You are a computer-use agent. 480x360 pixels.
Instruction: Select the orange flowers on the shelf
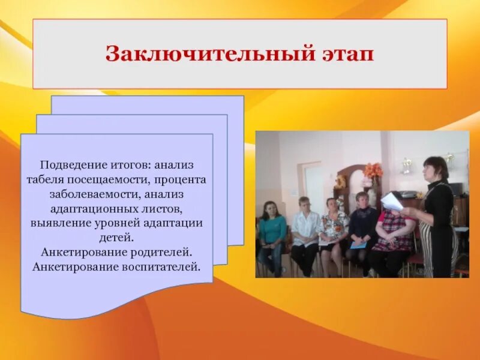point(373,171)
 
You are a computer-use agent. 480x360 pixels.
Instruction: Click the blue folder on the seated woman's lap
point(358,245)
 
